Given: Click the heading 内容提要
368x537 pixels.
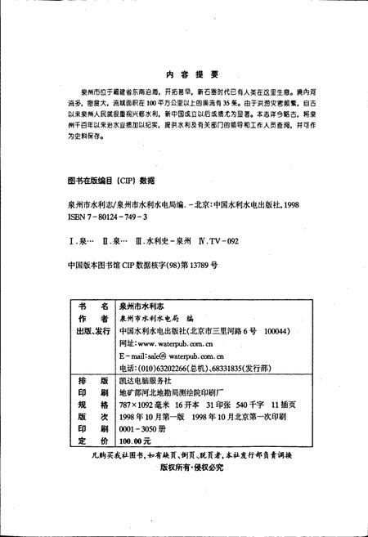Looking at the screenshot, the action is point(184,73).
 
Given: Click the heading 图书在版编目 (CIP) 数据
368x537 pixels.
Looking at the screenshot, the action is point(110,180).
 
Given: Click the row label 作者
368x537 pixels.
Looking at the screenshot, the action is point(92,318).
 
